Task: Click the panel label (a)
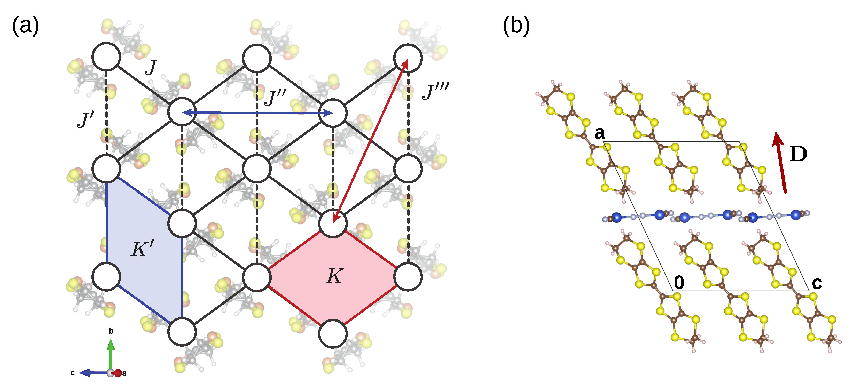point(26,26)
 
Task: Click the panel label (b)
point(516,26)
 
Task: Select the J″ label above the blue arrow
point(276,97)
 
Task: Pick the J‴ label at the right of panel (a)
point(435,91)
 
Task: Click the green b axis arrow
point(111,354)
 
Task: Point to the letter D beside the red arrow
point(798,154)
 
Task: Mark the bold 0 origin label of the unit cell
point(679,282)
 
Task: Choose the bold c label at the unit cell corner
point(817,283)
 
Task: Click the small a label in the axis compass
point(124,373)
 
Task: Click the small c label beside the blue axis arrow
point(73,373)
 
